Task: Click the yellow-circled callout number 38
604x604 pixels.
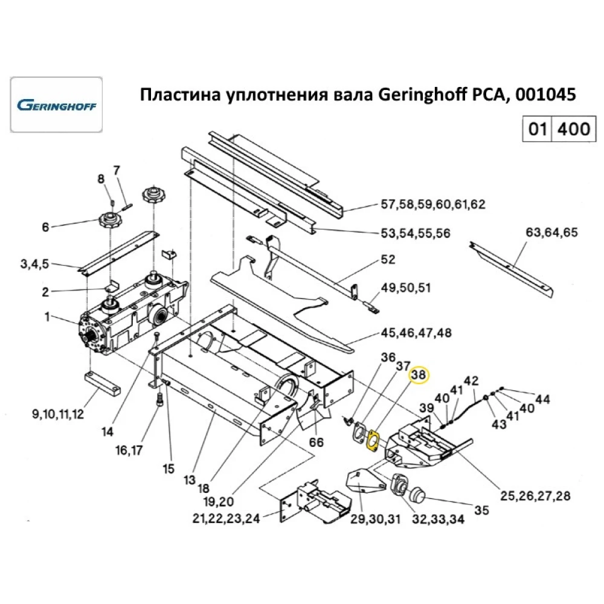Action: [419, 375]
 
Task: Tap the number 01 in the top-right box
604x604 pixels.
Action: [537, 129]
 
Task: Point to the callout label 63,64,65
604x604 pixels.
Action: [551, 231]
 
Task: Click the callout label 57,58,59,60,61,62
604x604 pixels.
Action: [433, 204]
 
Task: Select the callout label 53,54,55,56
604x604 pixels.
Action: [415, 233]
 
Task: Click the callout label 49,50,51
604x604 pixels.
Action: [405, 288]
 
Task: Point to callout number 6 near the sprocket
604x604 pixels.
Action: [45, 228]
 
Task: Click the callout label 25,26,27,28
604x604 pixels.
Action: [535, 496]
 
